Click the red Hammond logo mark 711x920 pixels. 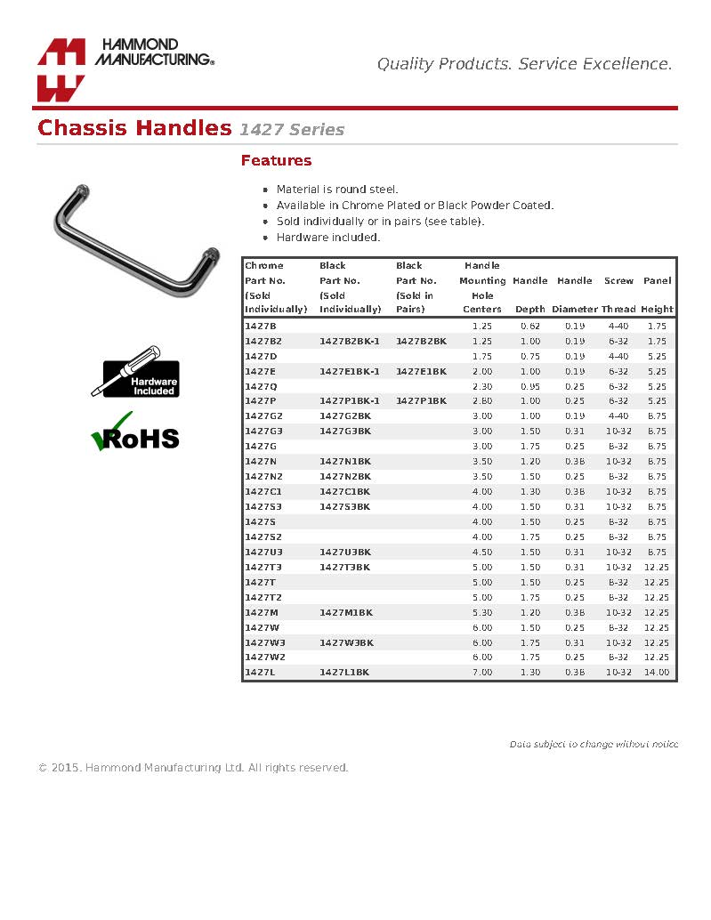(61, 70)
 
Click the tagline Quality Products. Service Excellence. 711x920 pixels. (524, 64)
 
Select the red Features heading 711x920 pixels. (276, 161)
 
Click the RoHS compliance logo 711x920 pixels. (135, 433)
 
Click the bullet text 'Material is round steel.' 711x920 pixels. (337, 190)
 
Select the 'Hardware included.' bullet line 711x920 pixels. (328, 238)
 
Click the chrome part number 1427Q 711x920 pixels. (261, 386)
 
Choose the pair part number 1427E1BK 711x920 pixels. (421, 371)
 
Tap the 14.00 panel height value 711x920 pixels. (657, 673)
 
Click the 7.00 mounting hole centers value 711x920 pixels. (481, 673)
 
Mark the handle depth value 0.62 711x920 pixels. (529, 327)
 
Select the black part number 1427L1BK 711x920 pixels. (346, 673)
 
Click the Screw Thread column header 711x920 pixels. (618, 295)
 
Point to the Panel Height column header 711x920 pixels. (657, 295)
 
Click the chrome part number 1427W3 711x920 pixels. (264, 642)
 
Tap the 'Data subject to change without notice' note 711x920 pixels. (594, 744)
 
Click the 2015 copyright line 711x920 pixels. (193, 768)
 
